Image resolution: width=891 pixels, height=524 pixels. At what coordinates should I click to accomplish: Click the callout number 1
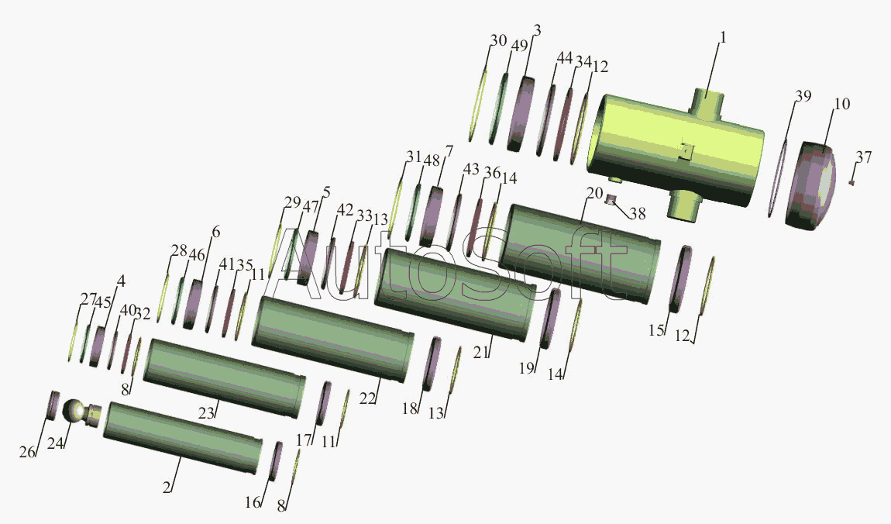point(723,37)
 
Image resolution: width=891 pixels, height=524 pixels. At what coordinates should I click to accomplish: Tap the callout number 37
point(864,157)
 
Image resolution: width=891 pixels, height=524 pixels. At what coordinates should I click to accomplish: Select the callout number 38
point(638,214)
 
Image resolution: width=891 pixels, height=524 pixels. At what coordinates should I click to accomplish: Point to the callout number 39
point(803,96)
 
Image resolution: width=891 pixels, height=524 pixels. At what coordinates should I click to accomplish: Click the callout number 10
point(842,104)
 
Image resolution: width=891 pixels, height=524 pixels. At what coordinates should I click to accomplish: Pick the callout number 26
point(27,452)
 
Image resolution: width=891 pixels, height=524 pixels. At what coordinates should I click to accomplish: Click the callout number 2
point(167,487)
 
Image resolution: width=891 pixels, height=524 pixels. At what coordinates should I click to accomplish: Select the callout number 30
point(498,40)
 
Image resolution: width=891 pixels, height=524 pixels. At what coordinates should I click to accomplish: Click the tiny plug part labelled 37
point(851,182)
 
